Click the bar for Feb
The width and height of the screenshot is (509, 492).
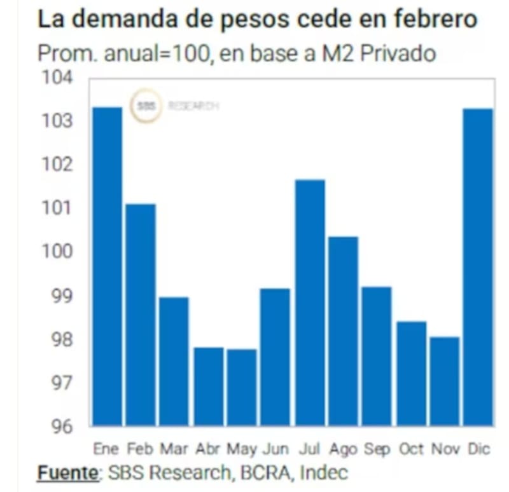140,314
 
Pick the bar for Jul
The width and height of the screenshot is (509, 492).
310,302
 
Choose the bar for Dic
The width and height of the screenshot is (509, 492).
478,266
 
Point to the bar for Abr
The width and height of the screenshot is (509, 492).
208,386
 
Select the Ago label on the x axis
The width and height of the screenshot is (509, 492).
343,449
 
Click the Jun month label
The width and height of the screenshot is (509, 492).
275,449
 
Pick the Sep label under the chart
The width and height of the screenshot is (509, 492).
377,449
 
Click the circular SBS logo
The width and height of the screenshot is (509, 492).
146,106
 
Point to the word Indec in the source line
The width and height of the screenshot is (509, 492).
324,473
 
